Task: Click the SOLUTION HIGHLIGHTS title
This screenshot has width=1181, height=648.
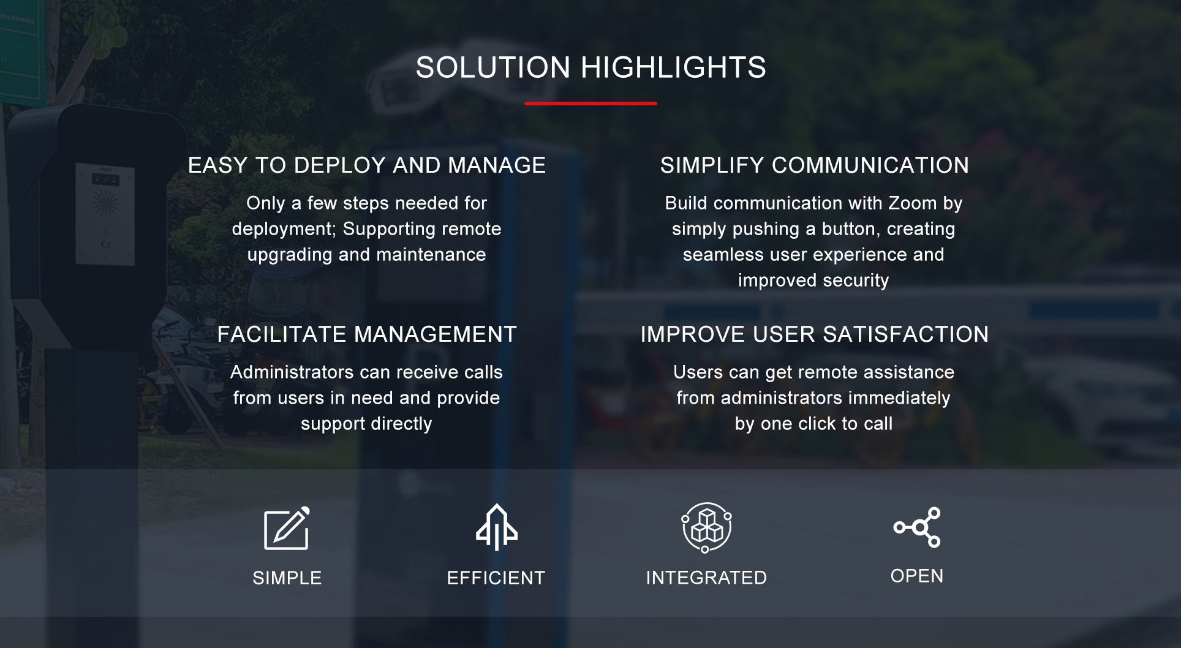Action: coord(590,67)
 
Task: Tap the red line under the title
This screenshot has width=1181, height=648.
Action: coord(590,104)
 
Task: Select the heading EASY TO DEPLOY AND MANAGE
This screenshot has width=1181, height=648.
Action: coord(366,165)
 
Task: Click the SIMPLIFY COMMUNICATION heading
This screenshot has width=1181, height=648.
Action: coord(814,165)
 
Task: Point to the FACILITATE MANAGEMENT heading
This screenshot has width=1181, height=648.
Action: coord(367,334)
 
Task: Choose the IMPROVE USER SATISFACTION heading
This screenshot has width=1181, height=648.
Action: coord(814,334)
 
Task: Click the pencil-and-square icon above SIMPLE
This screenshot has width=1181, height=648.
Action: coord(287,529)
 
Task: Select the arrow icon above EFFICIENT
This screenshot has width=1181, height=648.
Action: coord(496,527)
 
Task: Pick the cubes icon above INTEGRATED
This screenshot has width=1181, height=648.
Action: coord(706,527)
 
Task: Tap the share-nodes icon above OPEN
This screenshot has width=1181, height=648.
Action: coord(917,527)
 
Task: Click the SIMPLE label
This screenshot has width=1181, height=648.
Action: coord(287,578)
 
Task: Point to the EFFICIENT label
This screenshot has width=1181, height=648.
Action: coord(496,578)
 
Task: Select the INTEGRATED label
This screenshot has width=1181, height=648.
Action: coord(706,578)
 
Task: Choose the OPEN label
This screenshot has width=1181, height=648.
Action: coord(917,576)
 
